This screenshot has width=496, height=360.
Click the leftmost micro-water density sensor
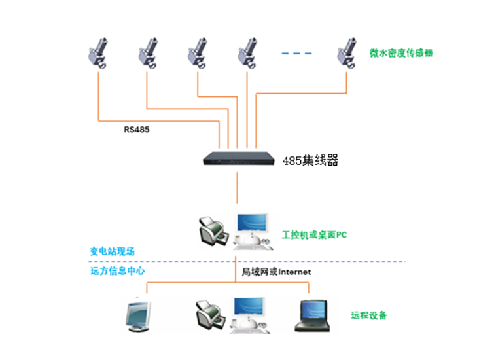click(98, 53)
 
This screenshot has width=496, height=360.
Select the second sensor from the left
click(148, 53)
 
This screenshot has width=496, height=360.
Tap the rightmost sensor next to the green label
click(347, 53)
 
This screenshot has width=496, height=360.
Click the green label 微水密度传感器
click(401, 53)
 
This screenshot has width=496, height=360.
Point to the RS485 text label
click(136, 130)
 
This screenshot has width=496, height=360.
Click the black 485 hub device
click(239, 158)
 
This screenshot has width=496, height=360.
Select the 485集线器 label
click(310, 160)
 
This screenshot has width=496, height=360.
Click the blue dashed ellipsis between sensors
click(296, 54)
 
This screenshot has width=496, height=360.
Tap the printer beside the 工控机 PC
click(213, 231)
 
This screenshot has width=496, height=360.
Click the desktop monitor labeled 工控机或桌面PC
click(253, 232)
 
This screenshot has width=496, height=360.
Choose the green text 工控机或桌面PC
click(314, 235)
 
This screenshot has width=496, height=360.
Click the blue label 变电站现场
click(113, 251)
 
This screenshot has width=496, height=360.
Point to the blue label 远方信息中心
click(117, 271)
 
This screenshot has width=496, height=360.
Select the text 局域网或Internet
click(276, 272)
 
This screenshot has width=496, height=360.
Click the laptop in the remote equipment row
click(312, 316)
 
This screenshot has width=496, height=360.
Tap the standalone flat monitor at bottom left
click(138, 316)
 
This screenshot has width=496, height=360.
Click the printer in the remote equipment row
click(210, 315)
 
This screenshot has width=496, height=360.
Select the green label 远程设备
click(369, 315)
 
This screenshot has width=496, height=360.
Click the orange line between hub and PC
click(237, 188)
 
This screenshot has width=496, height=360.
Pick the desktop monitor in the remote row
click(249, 315)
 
